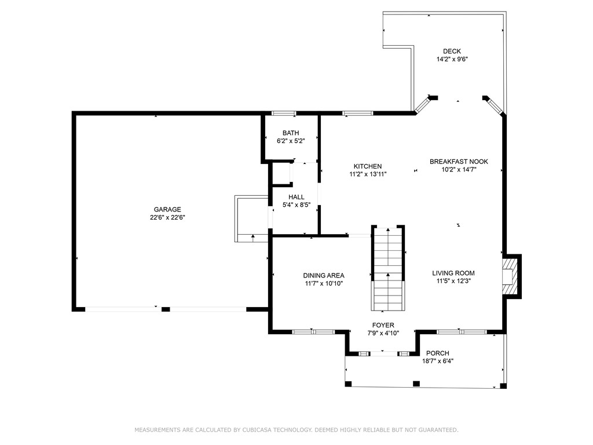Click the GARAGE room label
pos(167,209)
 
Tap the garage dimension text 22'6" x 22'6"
pos(167,218)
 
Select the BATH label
pos(291,133)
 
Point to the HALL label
pos(296,197)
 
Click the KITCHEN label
pos(368,166)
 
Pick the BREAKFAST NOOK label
pos(459,162)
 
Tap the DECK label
pos(452,51)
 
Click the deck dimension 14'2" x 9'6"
pos(452,59)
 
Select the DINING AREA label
pos(324,275)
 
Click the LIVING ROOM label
pos(453,273)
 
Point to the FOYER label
pos(383,325)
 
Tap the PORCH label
pos(438,353)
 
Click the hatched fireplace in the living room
pos(510,276)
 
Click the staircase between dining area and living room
pos(388,268)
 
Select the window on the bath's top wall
pos(284,113)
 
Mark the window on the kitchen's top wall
pos(358,113)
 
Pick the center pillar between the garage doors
pos(166,309)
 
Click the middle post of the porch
pos(416,384)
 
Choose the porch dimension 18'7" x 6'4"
pos(438,361)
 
